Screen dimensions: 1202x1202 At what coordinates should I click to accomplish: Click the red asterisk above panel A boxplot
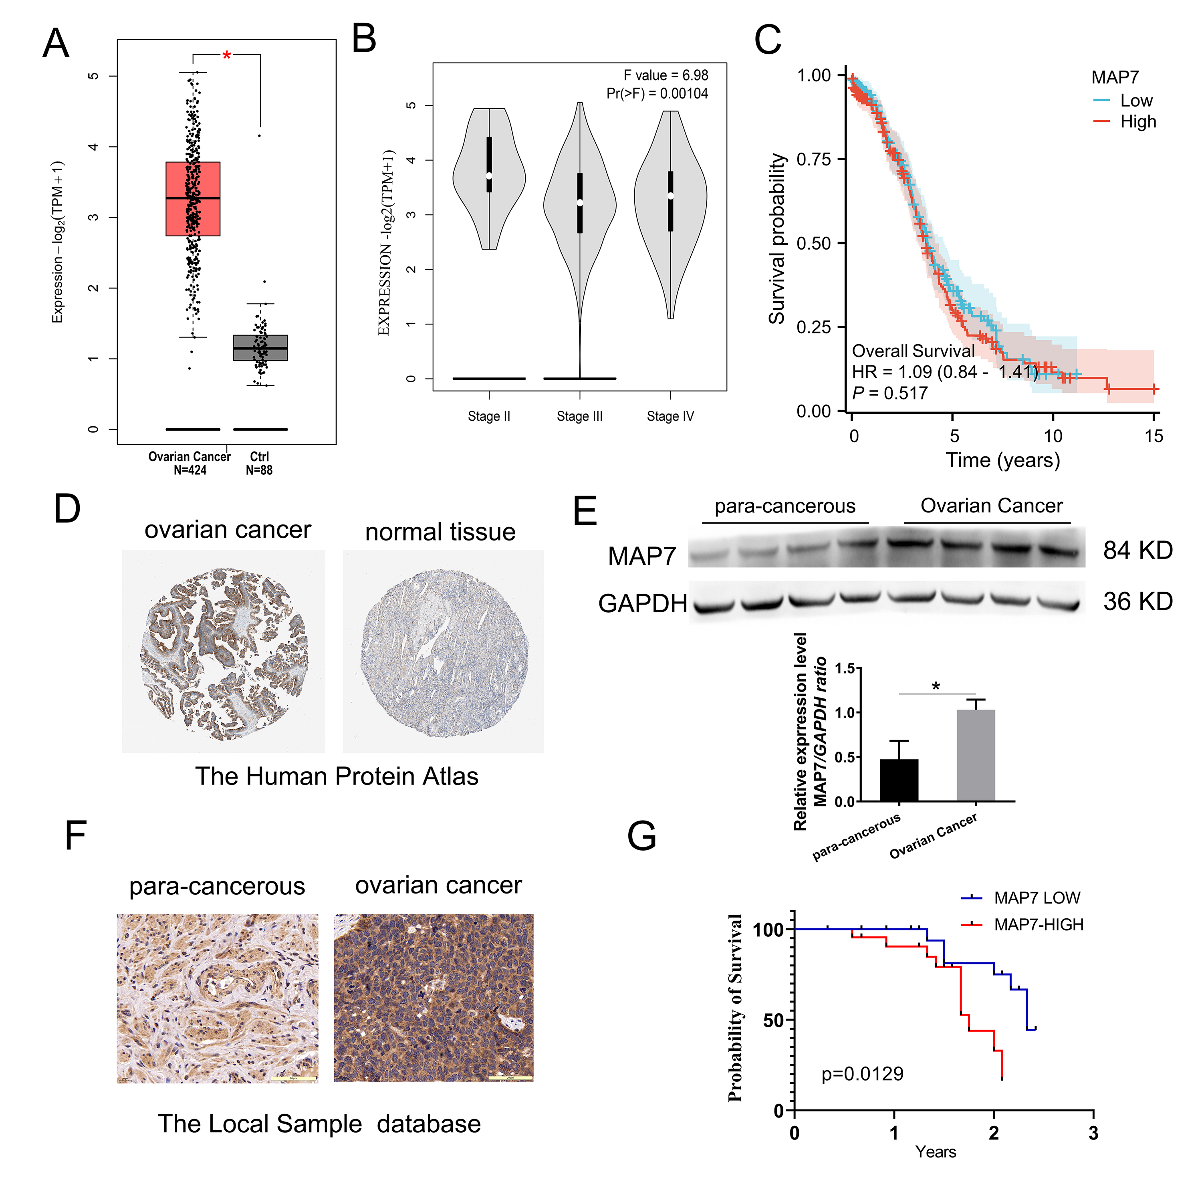pyautogui.click(x=226, y=56)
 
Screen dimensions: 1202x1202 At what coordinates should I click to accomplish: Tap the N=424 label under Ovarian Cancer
pyautogui.click(x=190, y=470)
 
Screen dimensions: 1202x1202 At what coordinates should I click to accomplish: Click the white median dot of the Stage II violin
pyautogui.click(x=489, y=175)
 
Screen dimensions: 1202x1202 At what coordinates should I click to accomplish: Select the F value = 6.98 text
pyautogui.click(x=666, y=75)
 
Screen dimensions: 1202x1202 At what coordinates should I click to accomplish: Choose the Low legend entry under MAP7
pyautogui.click(x=1135, y=101)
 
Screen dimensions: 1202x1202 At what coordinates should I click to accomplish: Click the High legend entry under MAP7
pyautogui.click(x=1137, y=121)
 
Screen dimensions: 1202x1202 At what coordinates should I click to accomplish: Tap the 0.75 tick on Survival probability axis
pyautogui.click(x=813, y=159)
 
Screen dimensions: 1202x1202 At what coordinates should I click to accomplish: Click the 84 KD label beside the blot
pyautogui.click(x=1137, y=551)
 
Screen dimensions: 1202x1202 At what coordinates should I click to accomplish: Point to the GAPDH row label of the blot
pyautogui.click(x=642, y=603)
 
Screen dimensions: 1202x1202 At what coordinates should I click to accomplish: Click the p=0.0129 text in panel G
pyautogui.click(x=862, y=1074)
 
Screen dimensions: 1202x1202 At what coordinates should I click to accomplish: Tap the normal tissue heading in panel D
pyautogui.click(x=440, y=532)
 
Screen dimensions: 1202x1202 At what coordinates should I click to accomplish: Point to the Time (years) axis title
pyautogui.click(x=1002, y=460)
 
